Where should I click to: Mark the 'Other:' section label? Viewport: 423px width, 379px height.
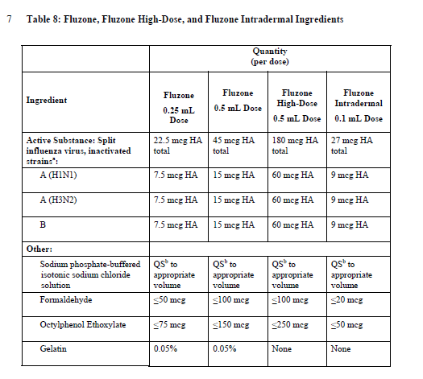click(39, 249)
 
